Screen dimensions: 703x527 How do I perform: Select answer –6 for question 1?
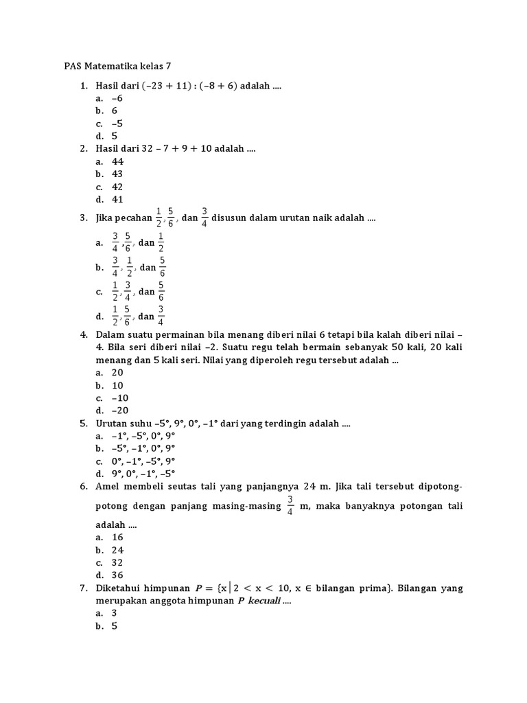[x=117, y=99]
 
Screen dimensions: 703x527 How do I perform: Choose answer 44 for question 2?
[x=117, y=161]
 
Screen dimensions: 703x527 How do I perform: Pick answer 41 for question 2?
[x=117, y=199]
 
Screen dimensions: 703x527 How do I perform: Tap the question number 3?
[x=83, y=218]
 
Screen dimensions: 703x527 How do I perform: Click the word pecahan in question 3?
[x=132, y=218]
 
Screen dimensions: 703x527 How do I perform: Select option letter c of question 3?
[x=99, y=292]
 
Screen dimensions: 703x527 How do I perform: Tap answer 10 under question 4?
[x=117, y=385]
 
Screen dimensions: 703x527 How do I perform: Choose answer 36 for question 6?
[x=117, y=575]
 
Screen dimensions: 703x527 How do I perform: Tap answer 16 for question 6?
[x=117, y=537]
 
